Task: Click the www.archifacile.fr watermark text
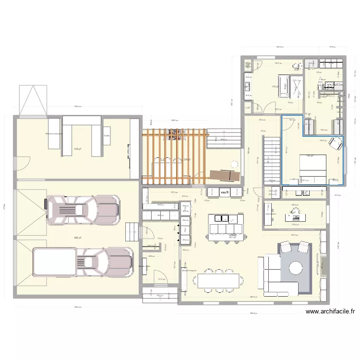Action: coord(330,311)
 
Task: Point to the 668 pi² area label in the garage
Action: coord(77,238)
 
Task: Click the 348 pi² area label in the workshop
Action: coord(77,149)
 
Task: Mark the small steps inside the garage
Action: coord(131,232)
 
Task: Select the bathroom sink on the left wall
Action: coord(247,86)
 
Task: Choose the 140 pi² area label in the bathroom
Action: coord(274,86)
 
